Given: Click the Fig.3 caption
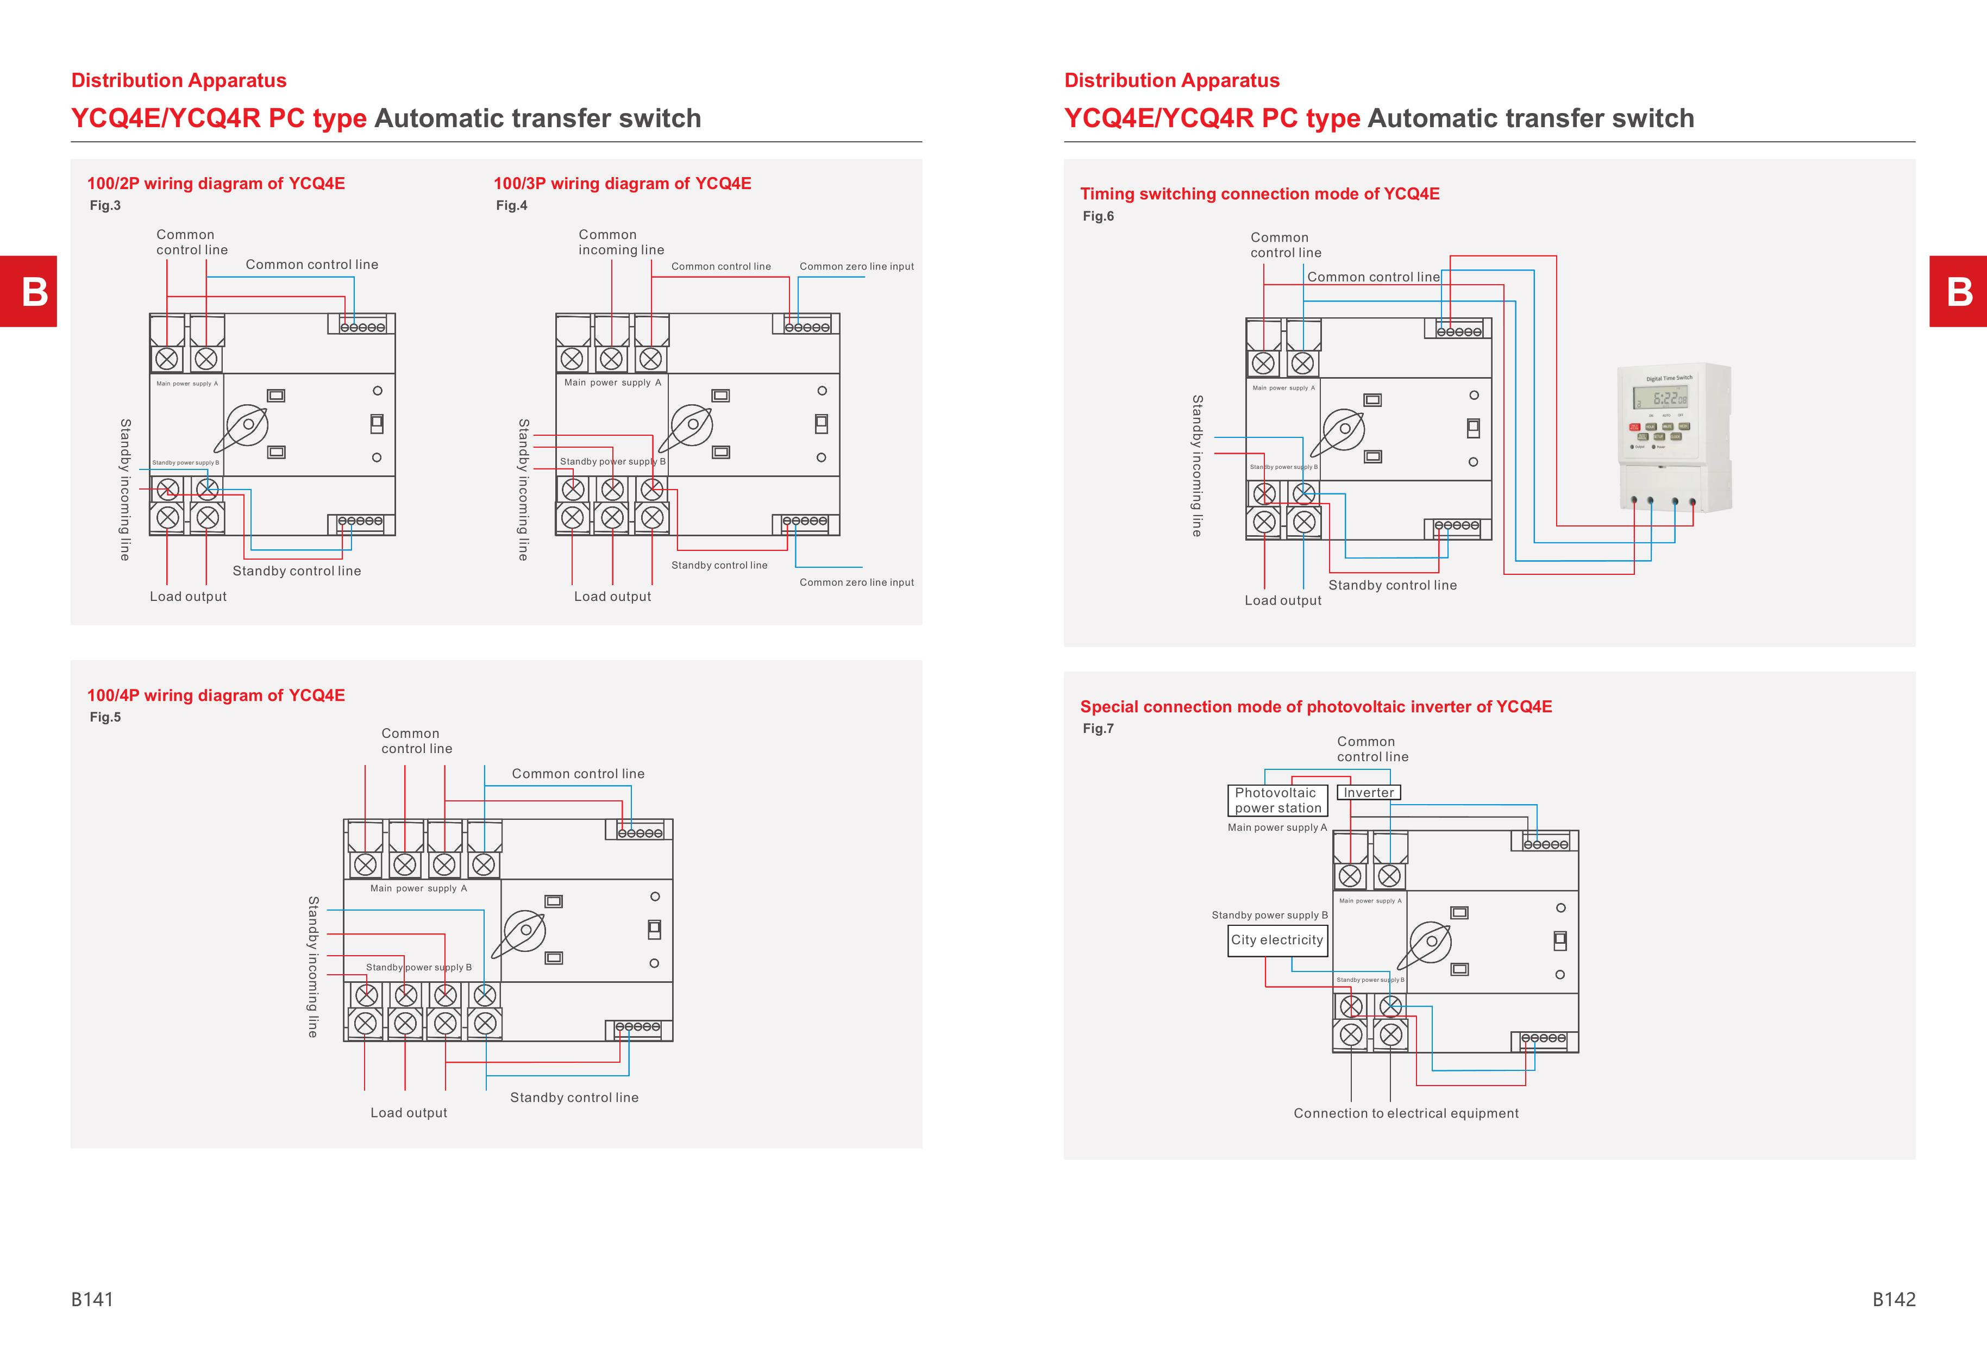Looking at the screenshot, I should pyautogui.click(x=105, y=205).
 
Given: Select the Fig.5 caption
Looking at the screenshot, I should pyautogui.click(x=105, y=717).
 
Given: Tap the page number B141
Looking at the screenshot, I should pyautogui.click(x=92, y=1299).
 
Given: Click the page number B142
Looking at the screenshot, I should pyautogui.click(x=1894, y=1299).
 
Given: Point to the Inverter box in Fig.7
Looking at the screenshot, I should pyautogui.click(x=1368, y=792).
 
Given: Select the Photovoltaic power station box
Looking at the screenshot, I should pyautogui.click(x=1277, y=800).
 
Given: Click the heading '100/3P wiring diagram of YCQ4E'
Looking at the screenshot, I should pyautogui.click(x=623, y=183).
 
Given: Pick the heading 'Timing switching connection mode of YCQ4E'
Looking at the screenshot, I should pyautogui.click(x=1259, y=194).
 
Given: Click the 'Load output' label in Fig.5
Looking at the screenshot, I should pyautogui.click(x=409, y=1113).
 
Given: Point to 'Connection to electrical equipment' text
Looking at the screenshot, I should pyautogui.click(x=1406, y=1113).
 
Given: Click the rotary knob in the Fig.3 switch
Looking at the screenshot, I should pyautogui.click(x=247, y=425).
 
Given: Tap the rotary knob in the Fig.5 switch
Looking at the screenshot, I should pyautogui.click(x=525, y=931).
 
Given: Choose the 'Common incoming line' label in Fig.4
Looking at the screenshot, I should pyautogui.click(x=620, y=242).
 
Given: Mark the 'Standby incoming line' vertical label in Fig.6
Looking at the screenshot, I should pyautogui.click(x=1197, y=466).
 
